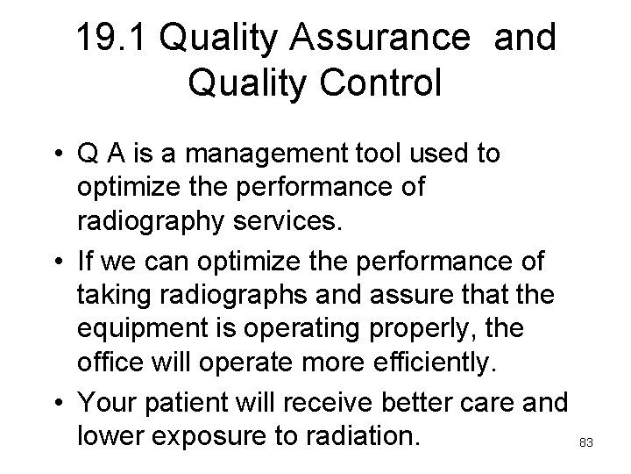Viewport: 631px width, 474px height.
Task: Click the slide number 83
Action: [586, 443]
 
